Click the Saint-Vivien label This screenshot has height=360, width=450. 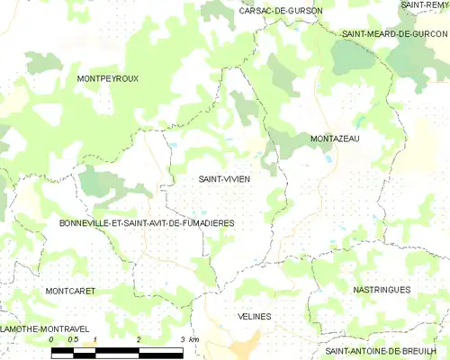click(x=224, y=179)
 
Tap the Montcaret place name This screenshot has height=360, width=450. click(x=69, y=291)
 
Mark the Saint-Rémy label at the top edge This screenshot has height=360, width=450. click(x=426, y=4)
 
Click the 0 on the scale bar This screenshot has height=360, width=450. click(x=52, y=339)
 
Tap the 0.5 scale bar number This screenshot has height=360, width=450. click(x=74, y=339)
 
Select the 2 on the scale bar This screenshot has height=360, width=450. click(x=139, y=339)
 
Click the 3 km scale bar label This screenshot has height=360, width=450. click(x=188, y=339)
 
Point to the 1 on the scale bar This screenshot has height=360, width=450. click(x=95, y=339)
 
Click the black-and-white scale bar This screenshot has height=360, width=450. click(x=117, y=350)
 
